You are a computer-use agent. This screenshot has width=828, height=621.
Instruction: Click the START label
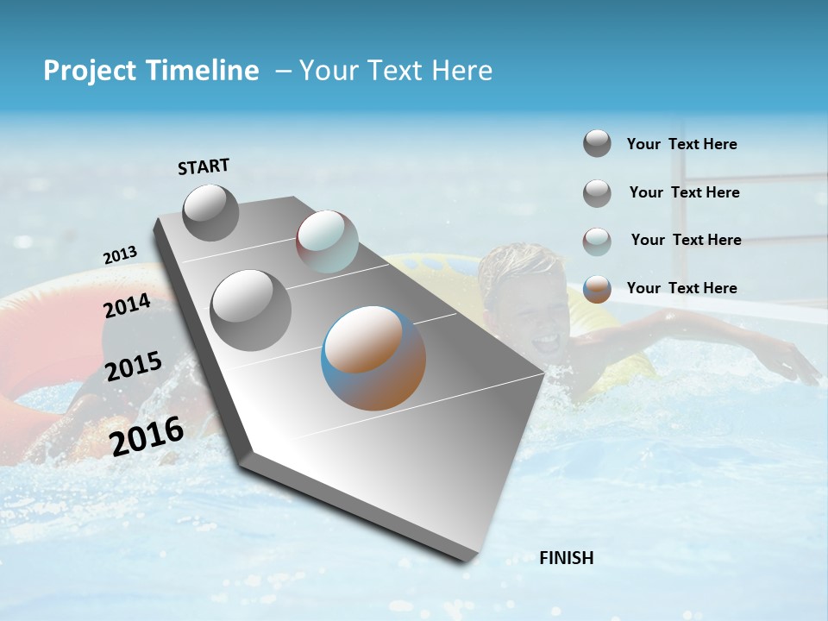click(204, 166)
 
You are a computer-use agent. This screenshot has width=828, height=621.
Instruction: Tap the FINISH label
click(567, 558)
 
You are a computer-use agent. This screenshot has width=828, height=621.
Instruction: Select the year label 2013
click(120, 255)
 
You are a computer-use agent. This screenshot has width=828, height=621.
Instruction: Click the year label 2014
click(127, 306)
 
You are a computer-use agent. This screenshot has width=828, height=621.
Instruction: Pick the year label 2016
click(147, 436)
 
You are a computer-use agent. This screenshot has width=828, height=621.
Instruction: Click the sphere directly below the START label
click(210, 212)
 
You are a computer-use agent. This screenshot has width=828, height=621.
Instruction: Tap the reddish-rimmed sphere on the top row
click(327, 241)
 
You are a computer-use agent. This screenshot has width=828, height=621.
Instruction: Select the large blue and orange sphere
click(373, 358)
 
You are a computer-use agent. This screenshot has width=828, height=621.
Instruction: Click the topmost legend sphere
click(597, 143)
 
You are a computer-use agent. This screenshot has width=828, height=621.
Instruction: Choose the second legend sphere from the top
click(597, 193)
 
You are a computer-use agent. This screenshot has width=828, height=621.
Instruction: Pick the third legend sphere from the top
click(597, 241)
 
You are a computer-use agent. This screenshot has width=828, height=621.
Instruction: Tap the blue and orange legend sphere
click(597, 289)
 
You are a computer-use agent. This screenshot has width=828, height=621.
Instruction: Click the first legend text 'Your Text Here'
click(681, 144)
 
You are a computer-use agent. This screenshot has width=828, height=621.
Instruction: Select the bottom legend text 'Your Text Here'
click(681, 288)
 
